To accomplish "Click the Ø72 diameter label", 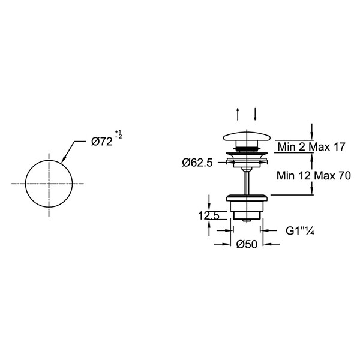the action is (102, 142).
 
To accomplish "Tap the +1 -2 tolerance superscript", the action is (118, 134).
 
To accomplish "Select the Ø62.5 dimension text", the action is (197, 163).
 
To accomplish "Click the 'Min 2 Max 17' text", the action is (311, 146).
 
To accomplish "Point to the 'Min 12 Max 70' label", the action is (314, 176).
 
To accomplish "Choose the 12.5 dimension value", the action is (209, 215).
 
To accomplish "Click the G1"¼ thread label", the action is (300, 231).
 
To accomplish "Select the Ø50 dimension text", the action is (247, 244).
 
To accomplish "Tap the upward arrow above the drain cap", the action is (238, 114).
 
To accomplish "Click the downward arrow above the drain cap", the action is (255, 114).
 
